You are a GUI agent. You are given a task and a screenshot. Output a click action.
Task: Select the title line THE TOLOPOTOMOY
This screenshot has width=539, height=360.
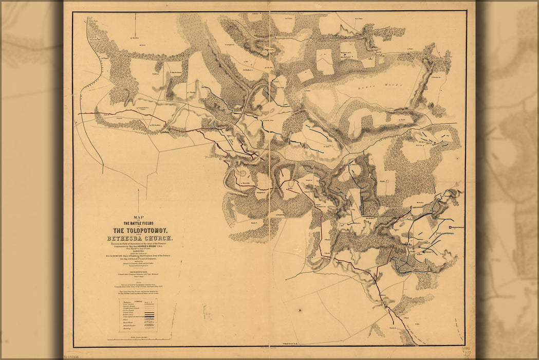pyautogui.click(x=140, y=230)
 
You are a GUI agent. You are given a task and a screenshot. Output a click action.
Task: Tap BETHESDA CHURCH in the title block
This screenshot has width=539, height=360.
pyautogui.click(x=140, y=239)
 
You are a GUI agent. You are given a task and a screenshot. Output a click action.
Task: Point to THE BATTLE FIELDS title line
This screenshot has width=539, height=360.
pyautogui.click(x=140, y=222)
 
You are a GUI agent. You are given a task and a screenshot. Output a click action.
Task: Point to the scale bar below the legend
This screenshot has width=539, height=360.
pyautogui.click(x=139, y=339)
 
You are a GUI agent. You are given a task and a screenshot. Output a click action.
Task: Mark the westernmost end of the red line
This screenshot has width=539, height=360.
pyautogui.click(x=79, y=114)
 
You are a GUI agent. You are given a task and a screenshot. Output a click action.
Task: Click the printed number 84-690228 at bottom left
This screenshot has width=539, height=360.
pyautogui.click(x=75, y=356)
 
